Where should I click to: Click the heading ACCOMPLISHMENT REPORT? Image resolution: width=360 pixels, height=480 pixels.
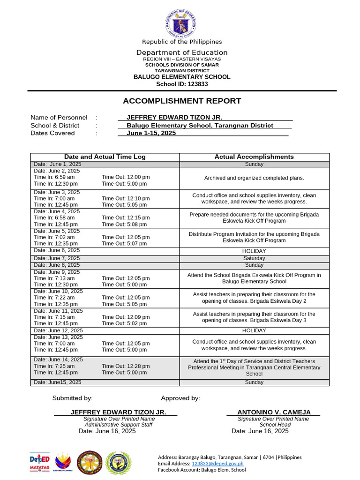(182, 101)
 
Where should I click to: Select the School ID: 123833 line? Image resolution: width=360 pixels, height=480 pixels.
(182, 84)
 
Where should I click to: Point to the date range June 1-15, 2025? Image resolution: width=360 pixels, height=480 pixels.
(151, 133)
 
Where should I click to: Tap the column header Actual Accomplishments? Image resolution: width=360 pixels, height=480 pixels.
(254, 157)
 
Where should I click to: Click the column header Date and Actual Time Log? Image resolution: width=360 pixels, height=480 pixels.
(105, 157)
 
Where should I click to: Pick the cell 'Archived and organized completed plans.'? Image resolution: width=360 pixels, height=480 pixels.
(254, 178)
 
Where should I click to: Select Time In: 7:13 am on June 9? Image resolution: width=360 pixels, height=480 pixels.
(54, 278)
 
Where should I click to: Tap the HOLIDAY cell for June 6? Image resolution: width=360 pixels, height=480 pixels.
(254, 251)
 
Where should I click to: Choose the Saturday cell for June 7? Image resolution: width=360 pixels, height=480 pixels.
(254, 258)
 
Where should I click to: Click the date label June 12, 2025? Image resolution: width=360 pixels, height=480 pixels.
(57, 330)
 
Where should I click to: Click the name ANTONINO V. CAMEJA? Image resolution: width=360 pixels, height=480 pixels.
(274, 412)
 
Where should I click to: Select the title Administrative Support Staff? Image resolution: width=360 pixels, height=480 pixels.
(118, 425)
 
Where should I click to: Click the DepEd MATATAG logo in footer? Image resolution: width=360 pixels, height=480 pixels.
(40, 462)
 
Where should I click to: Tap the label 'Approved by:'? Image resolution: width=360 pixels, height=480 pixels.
(180, 398)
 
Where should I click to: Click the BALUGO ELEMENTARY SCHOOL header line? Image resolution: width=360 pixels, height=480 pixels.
(182, 77)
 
